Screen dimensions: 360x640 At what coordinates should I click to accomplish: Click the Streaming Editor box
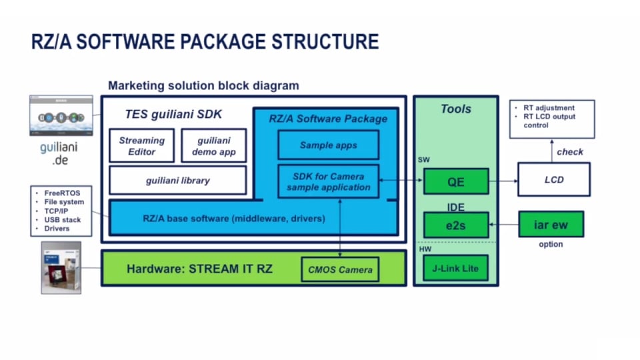141,146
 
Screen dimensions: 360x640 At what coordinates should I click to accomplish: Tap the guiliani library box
177,180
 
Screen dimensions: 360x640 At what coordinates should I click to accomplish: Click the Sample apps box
328,145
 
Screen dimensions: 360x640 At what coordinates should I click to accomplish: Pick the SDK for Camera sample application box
328,181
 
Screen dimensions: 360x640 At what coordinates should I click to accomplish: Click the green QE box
456,181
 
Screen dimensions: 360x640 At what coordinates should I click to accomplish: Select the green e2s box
456,225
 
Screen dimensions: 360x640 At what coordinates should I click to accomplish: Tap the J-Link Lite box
456,268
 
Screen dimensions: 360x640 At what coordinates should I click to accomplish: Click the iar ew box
551,225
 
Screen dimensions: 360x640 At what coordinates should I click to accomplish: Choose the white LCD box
553,180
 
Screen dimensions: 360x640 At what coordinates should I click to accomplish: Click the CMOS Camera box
340,270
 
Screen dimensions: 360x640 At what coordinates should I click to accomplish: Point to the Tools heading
456,109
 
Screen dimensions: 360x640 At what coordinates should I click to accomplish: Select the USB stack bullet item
62,219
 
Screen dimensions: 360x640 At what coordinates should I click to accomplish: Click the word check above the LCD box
570,151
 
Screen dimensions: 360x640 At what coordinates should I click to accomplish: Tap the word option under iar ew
551,244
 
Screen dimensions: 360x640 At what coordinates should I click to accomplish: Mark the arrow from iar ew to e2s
503,225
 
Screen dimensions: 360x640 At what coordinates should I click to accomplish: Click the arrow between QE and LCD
503,181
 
